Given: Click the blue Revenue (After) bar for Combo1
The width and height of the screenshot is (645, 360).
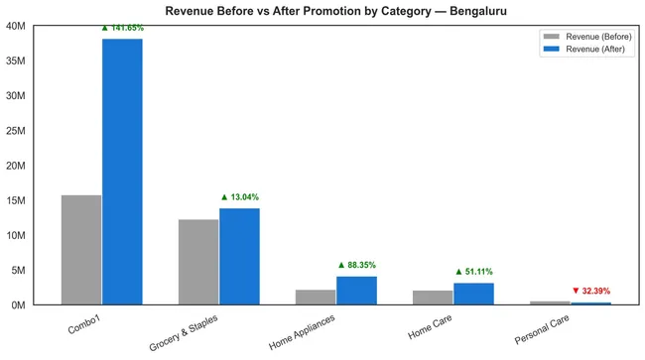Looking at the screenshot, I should click(122, 172).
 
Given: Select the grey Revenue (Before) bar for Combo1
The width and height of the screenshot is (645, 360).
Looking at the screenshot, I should click(81, 250).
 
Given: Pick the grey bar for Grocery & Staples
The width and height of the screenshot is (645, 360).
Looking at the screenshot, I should click(198, 262).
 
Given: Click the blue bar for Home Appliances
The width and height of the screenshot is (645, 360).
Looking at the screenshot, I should click(356, 291).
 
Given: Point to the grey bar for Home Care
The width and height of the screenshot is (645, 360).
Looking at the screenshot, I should click(433, 298).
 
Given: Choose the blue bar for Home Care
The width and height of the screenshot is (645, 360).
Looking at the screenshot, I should click(473, 294).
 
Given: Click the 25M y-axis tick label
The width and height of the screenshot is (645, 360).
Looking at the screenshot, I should click(15, 131).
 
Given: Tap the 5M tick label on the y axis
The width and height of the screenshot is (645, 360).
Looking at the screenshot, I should click(18, 270).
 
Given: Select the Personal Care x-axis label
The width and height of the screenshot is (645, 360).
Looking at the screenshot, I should click(540, 329).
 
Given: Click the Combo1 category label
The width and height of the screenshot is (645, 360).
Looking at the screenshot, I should click(84, 323).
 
